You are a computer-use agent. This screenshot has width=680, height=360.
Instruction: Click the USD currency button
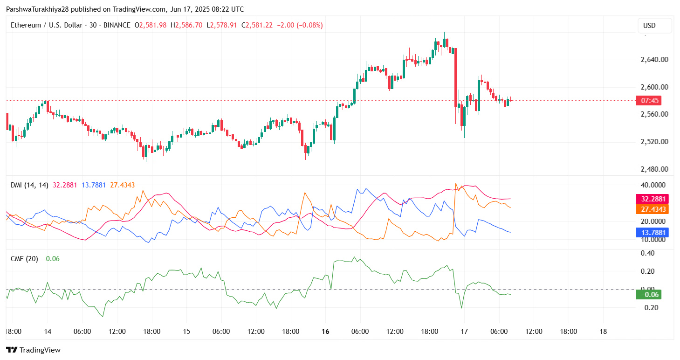[x=654, y=26]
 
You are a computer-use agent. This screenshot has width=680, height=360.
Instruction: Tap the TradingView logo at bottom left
[x=33, y=350]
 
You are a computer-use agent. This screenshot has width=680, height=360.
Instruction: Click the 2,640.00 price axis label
[x=655, y=60]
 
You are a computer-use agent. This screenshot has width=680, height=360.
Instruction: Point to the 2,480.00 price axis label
[x=655, y=169]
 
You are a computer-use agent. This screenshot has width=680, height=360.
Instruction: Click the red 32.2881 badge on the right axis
[x=652, y=199]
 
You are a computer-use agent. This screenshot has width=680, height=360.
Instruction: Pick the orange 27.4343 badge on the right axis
[x=652, y=209]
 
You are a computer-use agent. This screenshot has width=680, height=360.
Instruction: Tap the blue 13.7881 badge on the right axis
[x=652, y=233]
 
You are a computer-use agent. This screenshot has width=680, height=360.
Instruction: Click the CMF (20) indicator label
[x=24, y=259]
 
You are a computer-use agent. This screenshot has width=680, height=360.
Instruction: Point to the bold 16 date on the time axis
[x=325, y=332]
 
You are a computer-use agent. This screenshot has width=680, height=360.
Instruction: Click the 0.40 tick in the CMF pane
[x=648, y=253]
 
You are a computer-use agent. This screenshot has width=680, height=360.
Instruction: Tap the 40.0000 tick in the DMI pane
[x=652, y=185]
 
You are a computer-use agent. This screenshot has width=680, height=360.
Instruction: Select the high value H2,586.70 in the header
[x=186, y=25]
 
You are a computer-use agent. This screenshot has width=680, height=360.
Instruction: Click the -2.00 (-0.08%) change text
[x=300, y=25]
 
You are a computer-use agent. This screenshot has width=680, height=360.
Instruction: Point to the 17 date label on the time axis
[x=464, y=332]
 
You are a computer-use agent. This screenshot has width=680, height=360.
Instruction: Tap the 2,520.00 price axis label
[x=655, y=142]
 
